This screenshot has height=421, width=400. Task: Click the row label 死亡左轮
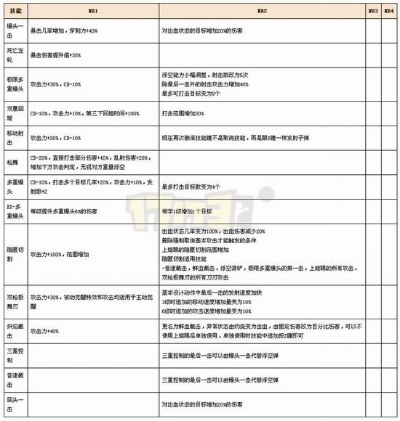click(x=14, y=55)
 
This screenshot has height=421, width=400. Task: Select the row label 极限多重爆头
click(x=14, y=84)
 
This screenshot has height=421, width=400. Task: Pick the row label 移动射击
click(x=14, y=136)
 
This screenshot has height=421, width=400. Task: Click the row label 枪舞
click(x=14, y=160)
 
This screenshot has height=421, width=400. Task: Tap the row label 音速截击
click(x=14, y=379)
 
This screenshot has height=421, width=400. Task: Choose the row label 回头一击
click(x=14, y=403)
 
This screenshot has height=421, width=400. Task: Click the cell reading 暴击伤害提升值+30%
click(x=56, y=55)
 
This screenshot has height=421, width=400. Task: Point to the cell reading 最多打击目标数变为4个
click(x=192, y=187)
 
